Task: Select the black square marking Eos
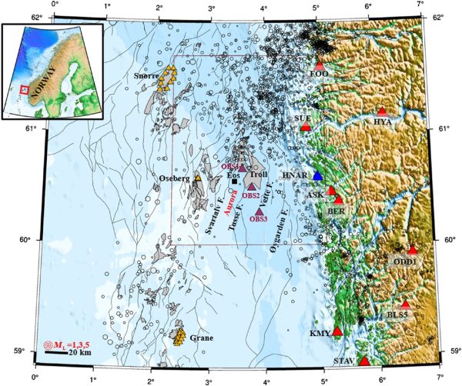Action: [235, 181]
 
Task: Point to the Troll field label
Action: [259, 176]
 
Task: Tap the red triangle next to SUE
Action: [306, 126]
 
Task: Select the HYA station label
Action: [383, 121]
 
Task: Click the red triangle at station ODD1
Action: [413, 251]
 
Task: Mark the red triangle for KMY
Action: [336, 331]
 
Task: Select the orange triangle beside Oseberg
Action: [198, 178]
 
